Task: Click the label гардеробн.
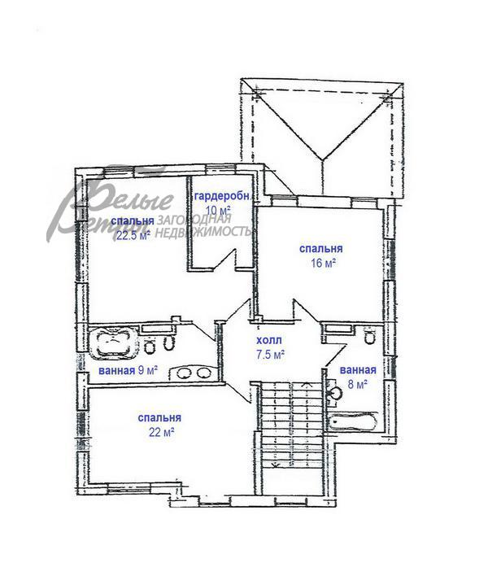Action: click(x=222, y=196)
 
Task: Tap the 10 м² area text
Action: click(x=218, y=210)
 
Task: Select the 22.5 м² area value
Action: click(x=133, y=236)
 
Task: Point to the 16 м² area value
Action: click(x=323, y=263)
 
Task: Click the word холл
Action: click(x=269, y=341)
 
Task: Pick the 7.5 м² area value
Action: click(x=270, y=355)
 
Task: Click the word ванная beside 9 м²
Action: click(x=117, y=371)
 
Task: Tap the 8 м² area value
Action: click(x=358, y=384)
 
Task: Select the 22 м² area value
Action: click(x=162, y=432)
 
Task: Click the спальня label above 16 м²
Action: click(x=321, y=249)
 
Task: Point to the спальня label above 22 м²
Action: click(x=159, y=418)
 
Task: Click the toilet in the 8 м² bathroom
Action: click(x=369, y=336)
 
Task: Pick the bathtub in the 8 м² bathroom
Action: click(x=353, y=421)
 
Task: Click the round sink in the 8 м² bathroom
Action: click(x=336, y=392)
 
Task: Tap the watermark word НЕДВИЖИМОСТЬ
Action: click(x=203, y=232)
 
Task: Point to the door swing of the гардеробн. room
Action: click(x=224, y=259)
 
